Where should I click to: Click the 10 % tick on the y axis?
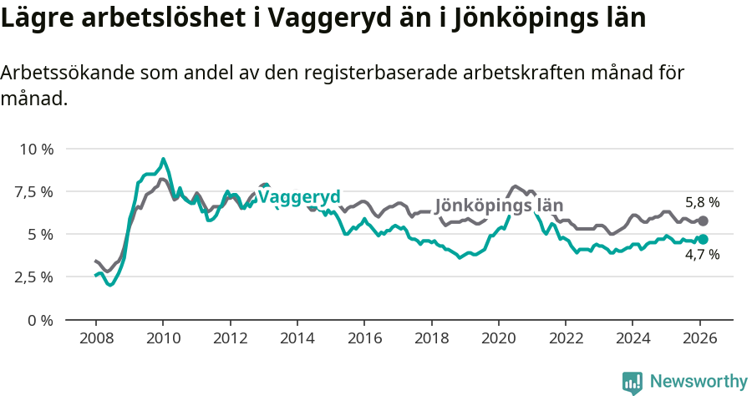click(35, 149)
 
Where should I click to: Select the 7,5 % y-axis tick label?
click(35, 191)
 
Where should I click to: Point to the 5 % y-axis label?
click(41, 234)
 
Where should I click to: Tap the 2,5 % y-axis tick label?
click(35, 277)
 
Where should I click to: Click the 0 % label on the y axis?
click(41, 319)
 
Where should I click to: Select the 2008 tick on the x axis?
click(95, 338)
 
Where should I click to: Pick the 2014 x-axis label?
click(297, 338)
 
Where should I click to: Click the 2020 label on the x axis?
click(498, 338)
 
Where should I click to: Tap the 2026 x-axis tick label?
click(699, 338)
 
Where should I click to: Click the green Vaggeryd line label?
click(299, 197)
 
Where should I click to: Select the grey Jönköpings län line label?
click(499, 206)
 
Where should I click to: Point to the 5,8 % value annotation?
click(702, 202)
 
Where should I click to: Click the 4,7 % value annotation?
click(702, 255)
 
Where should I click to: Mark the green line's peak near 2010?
click(163, 159)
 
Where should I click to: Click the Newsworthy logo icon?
click(633, 383)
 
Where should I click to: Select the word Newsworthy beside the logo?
click(698, 382)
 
